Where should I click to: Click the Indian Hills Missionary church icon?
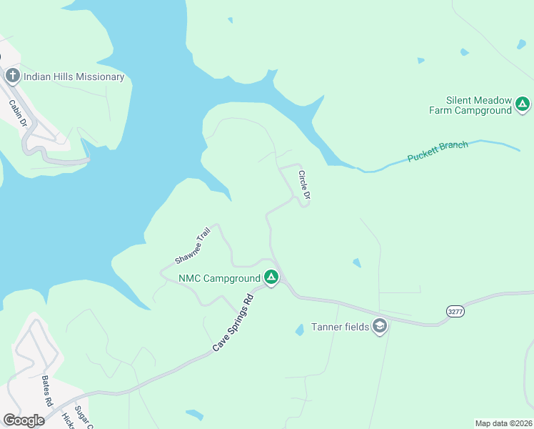(x=12, y=76)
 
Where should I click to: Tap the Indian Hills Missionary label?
(x=74, y=77)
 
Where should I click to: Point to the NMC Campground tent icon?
(x=271, y=277)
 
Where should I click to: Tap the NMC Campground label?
(x=218, y=278)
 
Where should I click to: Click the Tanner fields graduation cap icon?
(x=380, y=327)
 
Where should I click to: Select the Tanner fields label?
(x=340, y=327)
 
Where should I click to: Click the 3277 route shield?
(x=455, y=311)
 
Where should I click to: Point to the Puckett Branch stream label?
(x=438, y=152)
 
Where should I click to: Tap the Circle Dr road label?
(x=305, y=184)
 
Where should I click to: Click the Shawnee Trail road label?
(x=193, y=246)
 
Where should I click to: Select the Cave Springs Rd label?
(x=233, y=322)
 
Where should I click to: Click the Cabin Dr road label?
(x=18, y=112)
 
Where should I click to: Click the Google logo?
(x=24, y=420)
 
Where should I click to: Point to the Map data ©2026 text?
(x=503, y=423)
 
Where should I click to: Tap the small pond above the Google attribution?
(x=194, y=414)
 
